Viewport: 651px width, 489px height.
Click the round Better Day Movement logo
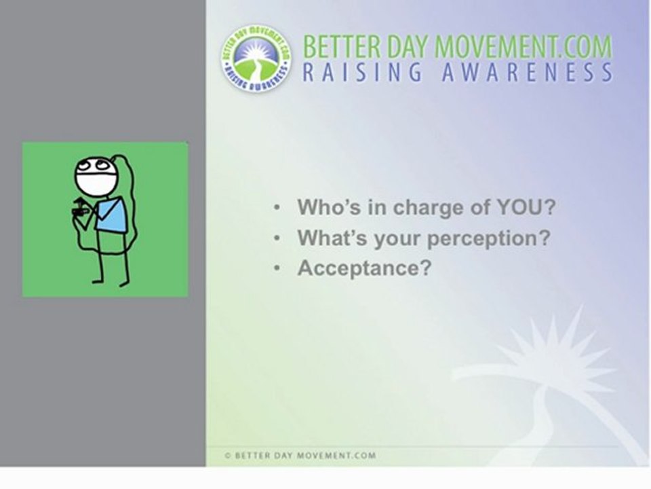(x=256, y=58)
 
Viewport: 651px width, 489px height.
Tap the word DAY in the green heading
(x=408, y=47)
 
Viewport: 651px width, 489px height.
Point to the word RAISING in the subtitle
(x=362, y=72)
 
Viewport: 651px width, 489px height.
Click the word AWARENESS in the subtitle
(x=528, y=72)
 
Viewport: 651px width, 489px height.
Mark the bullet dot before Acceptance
(x=277, y=269)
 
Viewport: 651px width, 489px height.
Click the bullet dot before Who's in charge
(x=277, y=208)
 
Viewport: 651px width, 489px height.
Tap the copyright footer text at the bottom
(x=300, y=455)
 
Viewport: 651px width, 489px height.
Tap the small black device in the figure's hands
(x=81, y=211)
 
